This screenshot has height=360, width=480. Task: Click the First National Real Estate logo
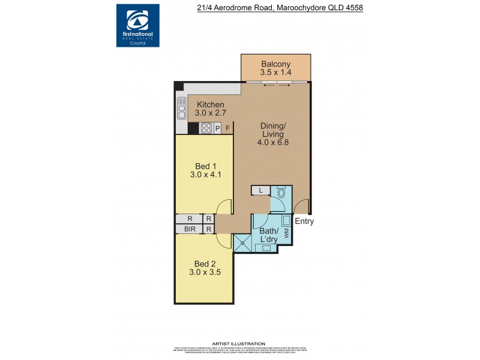click(137, 25)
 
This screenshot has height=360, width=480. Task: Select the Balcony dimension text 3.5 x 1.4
click(275, 73)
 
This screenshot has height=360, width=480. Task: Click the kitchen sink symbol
click(181, 108)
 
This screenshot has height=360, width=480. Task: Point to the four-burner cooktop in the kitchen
click(206, 128)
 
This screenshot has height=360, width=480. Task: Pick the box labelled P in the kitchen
click(218, 128)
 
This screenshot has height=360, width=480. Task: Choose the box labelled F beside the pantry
click(227, 128)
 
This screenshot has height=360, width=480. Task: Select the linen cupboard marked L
click(260, 190)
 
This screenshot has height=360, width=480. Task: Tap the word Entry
click(304, 221)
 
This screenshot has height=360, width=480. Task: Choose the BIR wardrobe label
click(190, 229)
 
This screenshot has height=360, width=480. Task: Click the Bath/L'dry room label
click(268, 235)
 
